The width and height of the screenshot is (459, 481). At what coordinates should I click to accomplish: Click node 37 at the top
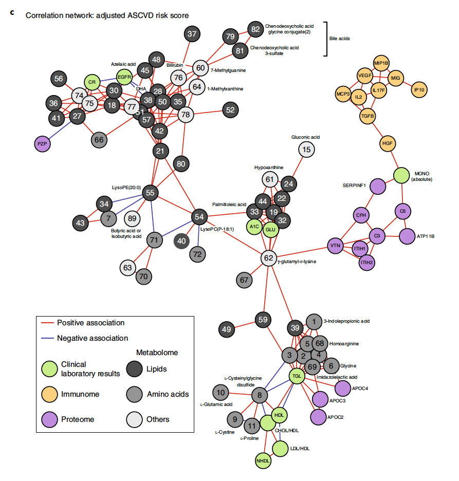(x=192, y=34)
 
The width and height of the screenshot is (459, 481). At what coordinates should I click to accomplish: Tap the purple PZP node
(x=43, y=144)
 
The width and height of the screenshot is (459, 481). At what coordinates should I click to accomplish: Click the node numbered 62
(x=268, y=257)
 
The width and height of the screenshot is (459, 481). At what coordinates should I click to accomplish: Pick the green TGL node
(x=297, y=376)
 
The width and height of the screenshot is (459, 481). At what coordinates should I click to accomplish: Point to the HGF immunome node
(x=387, y=143)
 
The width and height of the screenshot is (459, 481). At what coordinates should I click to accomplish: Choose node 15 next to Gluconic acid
(x=307, y=150)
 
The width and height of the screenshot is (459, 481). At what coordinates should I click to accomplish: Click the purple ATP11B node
(x=410, y=236)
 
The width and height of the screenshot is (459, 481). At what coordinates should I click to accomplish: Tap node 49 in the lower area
(x=227, y=329)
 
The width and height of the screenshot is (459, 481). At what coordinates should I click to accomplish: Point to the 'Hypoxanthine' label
(x=269, y=168)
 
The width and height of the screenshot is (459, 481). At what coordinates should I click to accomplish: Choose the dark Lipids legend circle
(x=135, y=369)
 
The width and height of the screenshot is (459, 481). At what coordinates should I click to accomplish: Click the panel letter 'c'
(x=11, y=11)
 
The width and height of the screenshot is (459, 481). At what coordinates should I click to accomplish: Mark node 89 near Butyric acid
(x=132, y=218)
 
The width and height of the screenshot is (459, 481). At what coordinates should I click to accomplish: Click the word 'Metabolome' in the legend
(x=157, y=353)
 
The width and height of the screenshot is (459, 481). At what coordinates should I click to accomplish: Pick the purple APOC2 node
(x=318, y=417)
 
